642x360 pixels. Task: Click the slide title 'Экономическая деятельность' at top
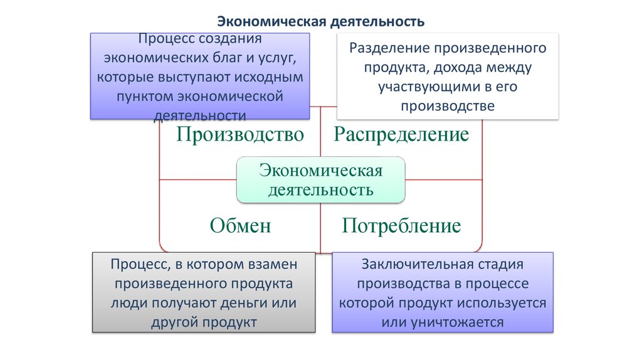click(x=320, y=22)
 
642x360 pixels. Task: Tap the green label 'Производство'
click(x=240, y=134)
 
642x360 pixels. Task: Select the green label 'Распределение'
click(x=401, y=134)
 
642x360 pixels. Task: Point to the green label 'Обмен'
click(x=241, y=225)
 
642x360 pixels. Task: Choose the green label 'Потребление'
click(x=401, y=225)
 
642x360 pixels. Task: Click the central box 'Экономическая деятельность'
click(x=320, y=179)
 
